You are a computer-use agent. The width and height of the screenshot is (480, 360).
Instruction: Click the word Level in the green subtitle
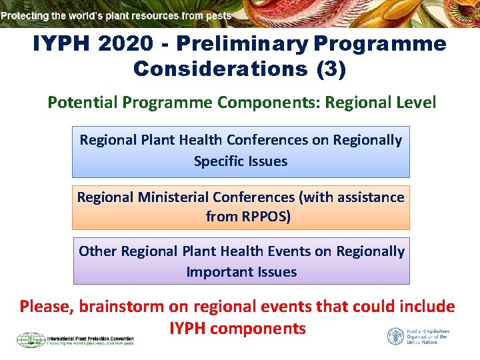click(x=417, y=103)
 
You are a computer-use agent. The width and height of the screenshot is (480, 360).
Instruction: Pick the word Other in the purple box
click(x=97, y=251)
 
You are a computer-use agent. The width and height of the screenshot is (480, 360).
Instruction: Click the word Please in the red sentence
click(x=47, y=307)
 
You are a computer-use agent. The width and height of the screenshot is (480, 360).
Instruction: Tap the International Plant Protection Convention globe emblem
click(x=30, y=339)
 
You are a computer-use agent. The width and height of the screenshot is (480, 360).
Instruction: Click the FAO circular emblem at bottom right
click(x=395, y=336)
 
